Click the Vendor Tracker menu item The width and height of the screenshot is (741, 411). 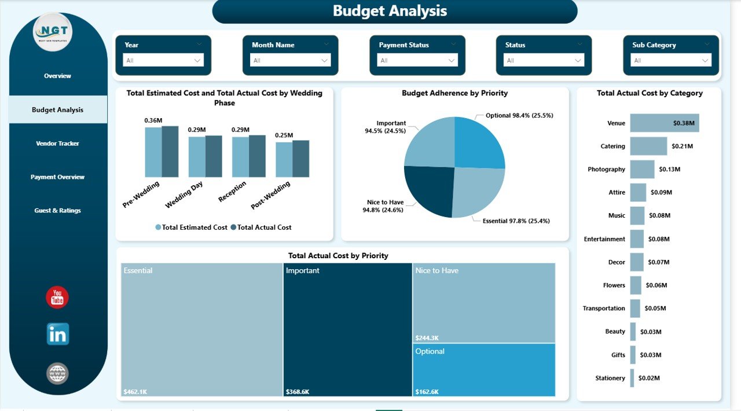coord(57,144)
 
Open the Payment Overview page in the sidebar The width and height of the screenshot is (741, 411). coord(57,177)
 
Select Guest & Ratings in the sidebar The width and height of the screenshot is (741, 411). coord(57,211)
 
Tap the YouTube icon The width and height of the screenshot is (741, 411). coord(57,298)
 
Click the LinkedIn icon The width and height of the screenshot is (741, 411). coord(57,334)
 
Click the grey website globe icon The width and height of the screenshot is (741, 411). coord(57,373)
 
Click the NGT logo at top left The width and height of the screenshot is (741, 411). coord(53,32)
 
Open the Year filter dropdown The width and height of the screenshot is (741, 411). coord(163,60)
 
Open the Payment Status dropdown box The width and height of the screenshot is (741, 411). coord(417,60)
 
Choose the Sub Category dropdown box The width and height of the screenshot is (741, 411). coord(671,60)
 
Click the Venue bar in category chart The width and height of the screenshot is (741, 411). coord(664,123)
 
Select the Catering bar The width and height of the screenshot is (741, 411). coord(648,146)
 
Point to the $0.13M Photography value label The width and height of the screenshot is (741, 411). coord(669,170)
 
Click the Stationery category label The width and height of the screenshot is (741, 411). coord(610,378)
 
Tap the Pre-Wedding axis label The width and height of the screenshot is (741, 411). coord(141,194)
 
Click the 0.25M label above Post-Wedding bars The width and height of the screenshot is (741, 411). coord(284,135)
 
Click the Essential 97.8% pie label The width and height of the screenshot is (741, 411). coord(516,221)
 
